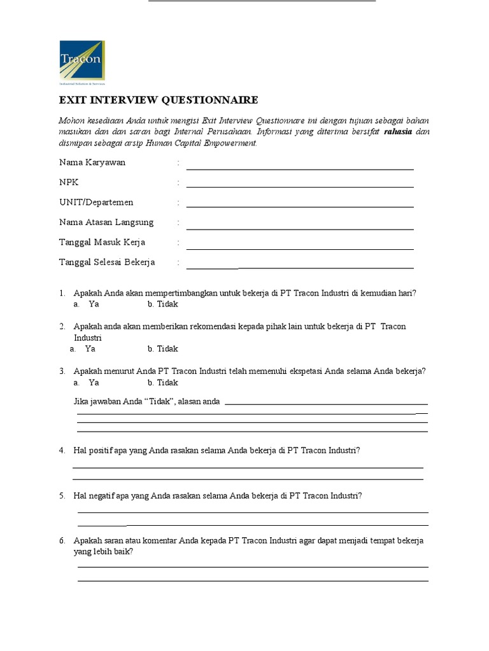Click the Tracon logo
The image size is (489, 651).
tap(82, 62)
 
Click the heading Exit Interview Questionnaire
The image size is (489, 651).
tap(159, 100)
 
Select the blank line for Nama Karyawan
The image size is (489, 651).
tap(299, 168)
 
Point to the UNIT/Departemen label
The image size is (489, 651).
tap(96, 202)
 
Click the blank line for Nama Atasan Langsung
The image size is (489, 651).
tap(299, 228)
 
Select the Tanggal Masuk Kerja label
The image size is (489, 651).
tap(102, 242)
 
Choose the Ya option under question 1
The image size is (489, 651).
tap(94, 304)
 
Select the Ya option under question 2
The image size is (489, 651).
tap(90, 348)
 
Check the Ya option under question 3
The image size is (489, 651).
tap(94, 383)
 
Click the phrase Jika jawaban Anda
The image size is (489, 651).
tap(109, 401)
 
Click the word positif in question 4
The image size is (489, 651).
tap(101, 450)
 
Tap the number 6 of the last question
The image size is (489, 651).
tap(62, 540)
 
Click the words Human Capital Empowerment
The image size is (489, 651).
tap(201, 143)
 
